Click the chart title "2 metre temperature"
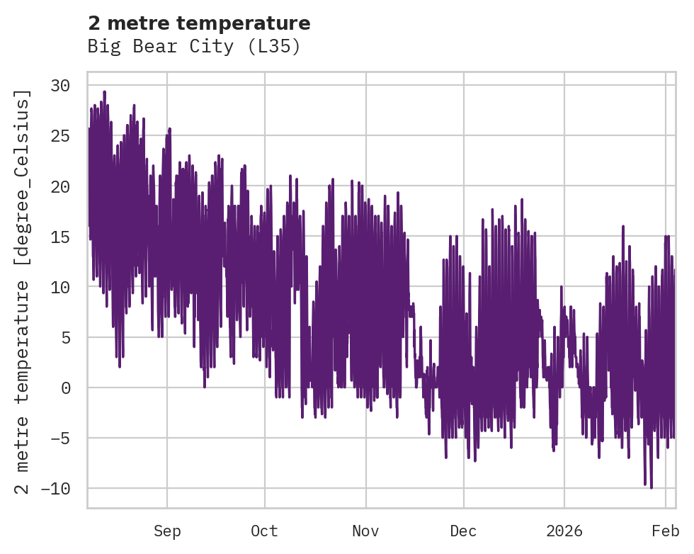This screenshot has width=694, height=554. (x=199, y=23)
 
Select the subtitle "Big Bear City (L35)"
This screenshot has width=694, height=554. (x=194, y=47)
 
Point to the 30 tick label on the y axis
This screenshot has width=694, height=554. (x=64, y=86)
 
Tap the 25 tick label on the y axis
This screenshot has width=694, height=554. (x=64, y=136)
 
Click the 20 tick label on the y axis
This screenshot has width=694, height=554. (x=64, y=186)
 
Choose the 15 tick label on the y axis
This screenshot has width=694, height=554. (x=64, y=237)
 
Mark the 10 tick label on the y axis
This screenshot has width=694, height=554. (x=64, y=287)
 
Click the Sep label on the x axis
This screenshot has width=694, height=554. (x=167, y=531)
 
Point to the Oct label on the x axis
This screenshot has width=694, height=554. (x=264, y=531)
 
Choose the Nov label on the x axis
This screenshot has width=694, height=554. (x=366, y=531)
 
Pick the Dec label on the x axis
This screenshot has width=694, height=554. (x=464, y=531)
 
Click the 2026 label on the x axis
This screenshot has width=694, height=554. (x=564, y=531)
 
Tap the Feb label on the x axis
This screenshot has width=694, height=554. (x=666, y=531)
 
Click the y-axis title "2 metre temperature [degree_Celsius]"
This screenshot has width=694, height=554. (x=23, y=291)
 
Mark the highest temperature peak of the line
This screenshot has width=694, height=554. (x=104, y=91)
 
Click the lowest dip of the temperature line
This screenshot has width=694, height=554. (x=651, y=487)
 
